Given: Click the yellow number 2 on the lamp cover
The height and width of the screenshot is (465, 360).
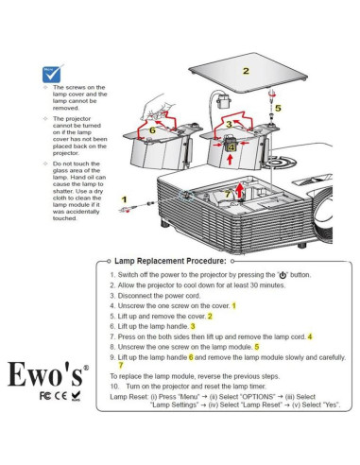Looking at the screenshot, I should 246,71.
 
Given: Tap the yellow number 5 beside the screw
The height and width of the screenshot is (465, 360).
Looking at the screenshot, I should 278,109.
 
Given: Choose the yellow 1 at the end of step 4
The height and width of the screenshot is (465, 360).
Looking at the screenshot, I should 233,305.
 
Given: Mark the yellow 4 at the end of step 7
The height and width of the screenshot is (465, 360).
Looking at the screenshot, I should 309,336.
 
